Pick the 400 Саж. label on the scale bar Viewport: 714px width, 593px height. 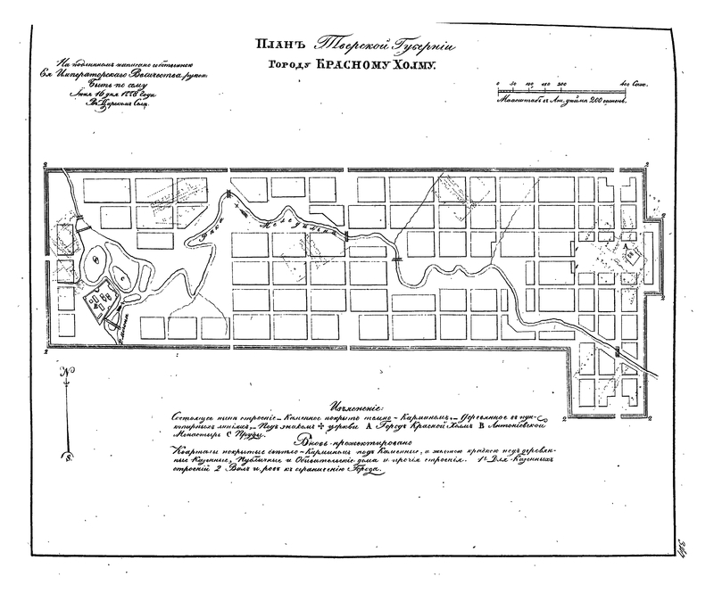pos(633,83)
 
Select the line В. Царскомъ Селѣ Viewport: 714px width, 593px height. pos(117,105)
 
